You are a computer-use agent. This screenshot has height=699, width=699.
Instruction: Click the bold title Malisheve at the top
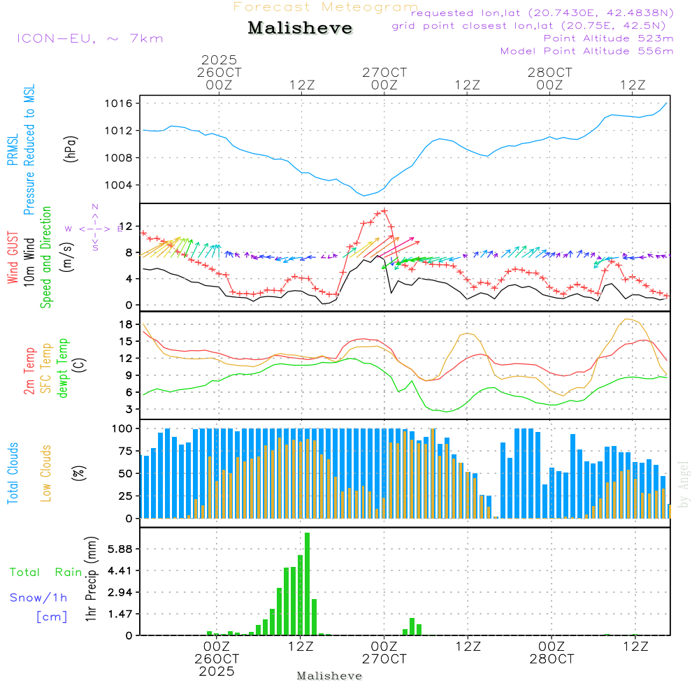tap(300, 29)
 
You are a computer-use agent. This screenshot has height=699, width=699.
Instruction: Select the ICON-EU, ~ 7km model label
tap(89, 38)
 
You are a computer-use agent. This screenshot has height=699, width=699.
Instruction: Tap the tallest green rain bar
tap(307, 584)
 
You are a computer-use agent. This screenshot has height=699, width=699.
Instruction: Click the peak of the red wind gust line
tap(384, 210)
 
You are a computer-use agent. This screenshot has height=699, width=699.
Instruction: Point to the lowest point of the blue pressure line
tap(363, 195)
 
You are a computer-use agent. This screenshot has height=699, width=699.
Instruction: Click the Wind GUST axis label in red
tap(13, 258)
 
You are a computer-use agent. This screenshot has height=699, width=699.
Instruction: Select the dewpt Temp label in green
tap(64, 368)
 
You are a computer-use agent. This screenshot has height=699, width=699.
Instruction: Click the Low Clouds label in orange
tap(47, 473)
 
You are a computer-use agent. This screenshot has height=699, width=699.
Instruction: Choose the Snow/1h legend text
tap(39, 597)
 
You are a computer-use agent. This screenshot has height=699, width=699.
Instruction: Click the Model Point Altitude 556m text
tap(586, 51)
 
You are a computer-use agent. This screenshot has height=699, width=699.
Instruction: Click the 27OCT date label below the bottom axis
tap(384, 659)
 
